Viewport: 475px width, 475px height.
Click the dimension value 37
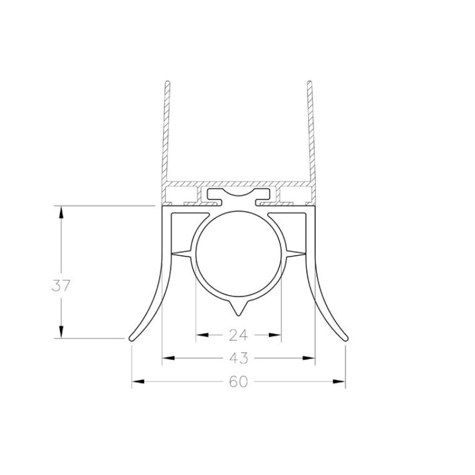tap(61, 286)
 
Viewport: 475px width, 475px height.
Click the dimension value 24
tap(239, 335)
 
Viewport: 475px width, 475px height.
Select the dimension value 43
tap(239, 358)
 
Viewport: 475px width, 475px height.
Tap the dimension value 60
tap(239, 382)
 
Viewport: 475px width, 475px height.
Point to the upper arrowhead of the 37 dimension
tap(61, 212)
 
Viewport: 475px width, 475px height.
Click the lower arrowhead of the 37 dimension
tap(61, 332)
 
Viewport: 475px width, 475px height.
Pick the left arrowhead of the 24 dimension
tap(202, 335)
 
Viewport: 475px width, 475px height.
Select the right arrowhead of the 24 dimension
tap(275, 335)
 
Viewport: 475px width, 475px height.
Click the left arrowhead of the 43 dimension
tap(169, 358)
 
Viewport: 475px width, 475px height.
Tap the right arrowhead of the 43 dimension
tap(309, 358)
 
